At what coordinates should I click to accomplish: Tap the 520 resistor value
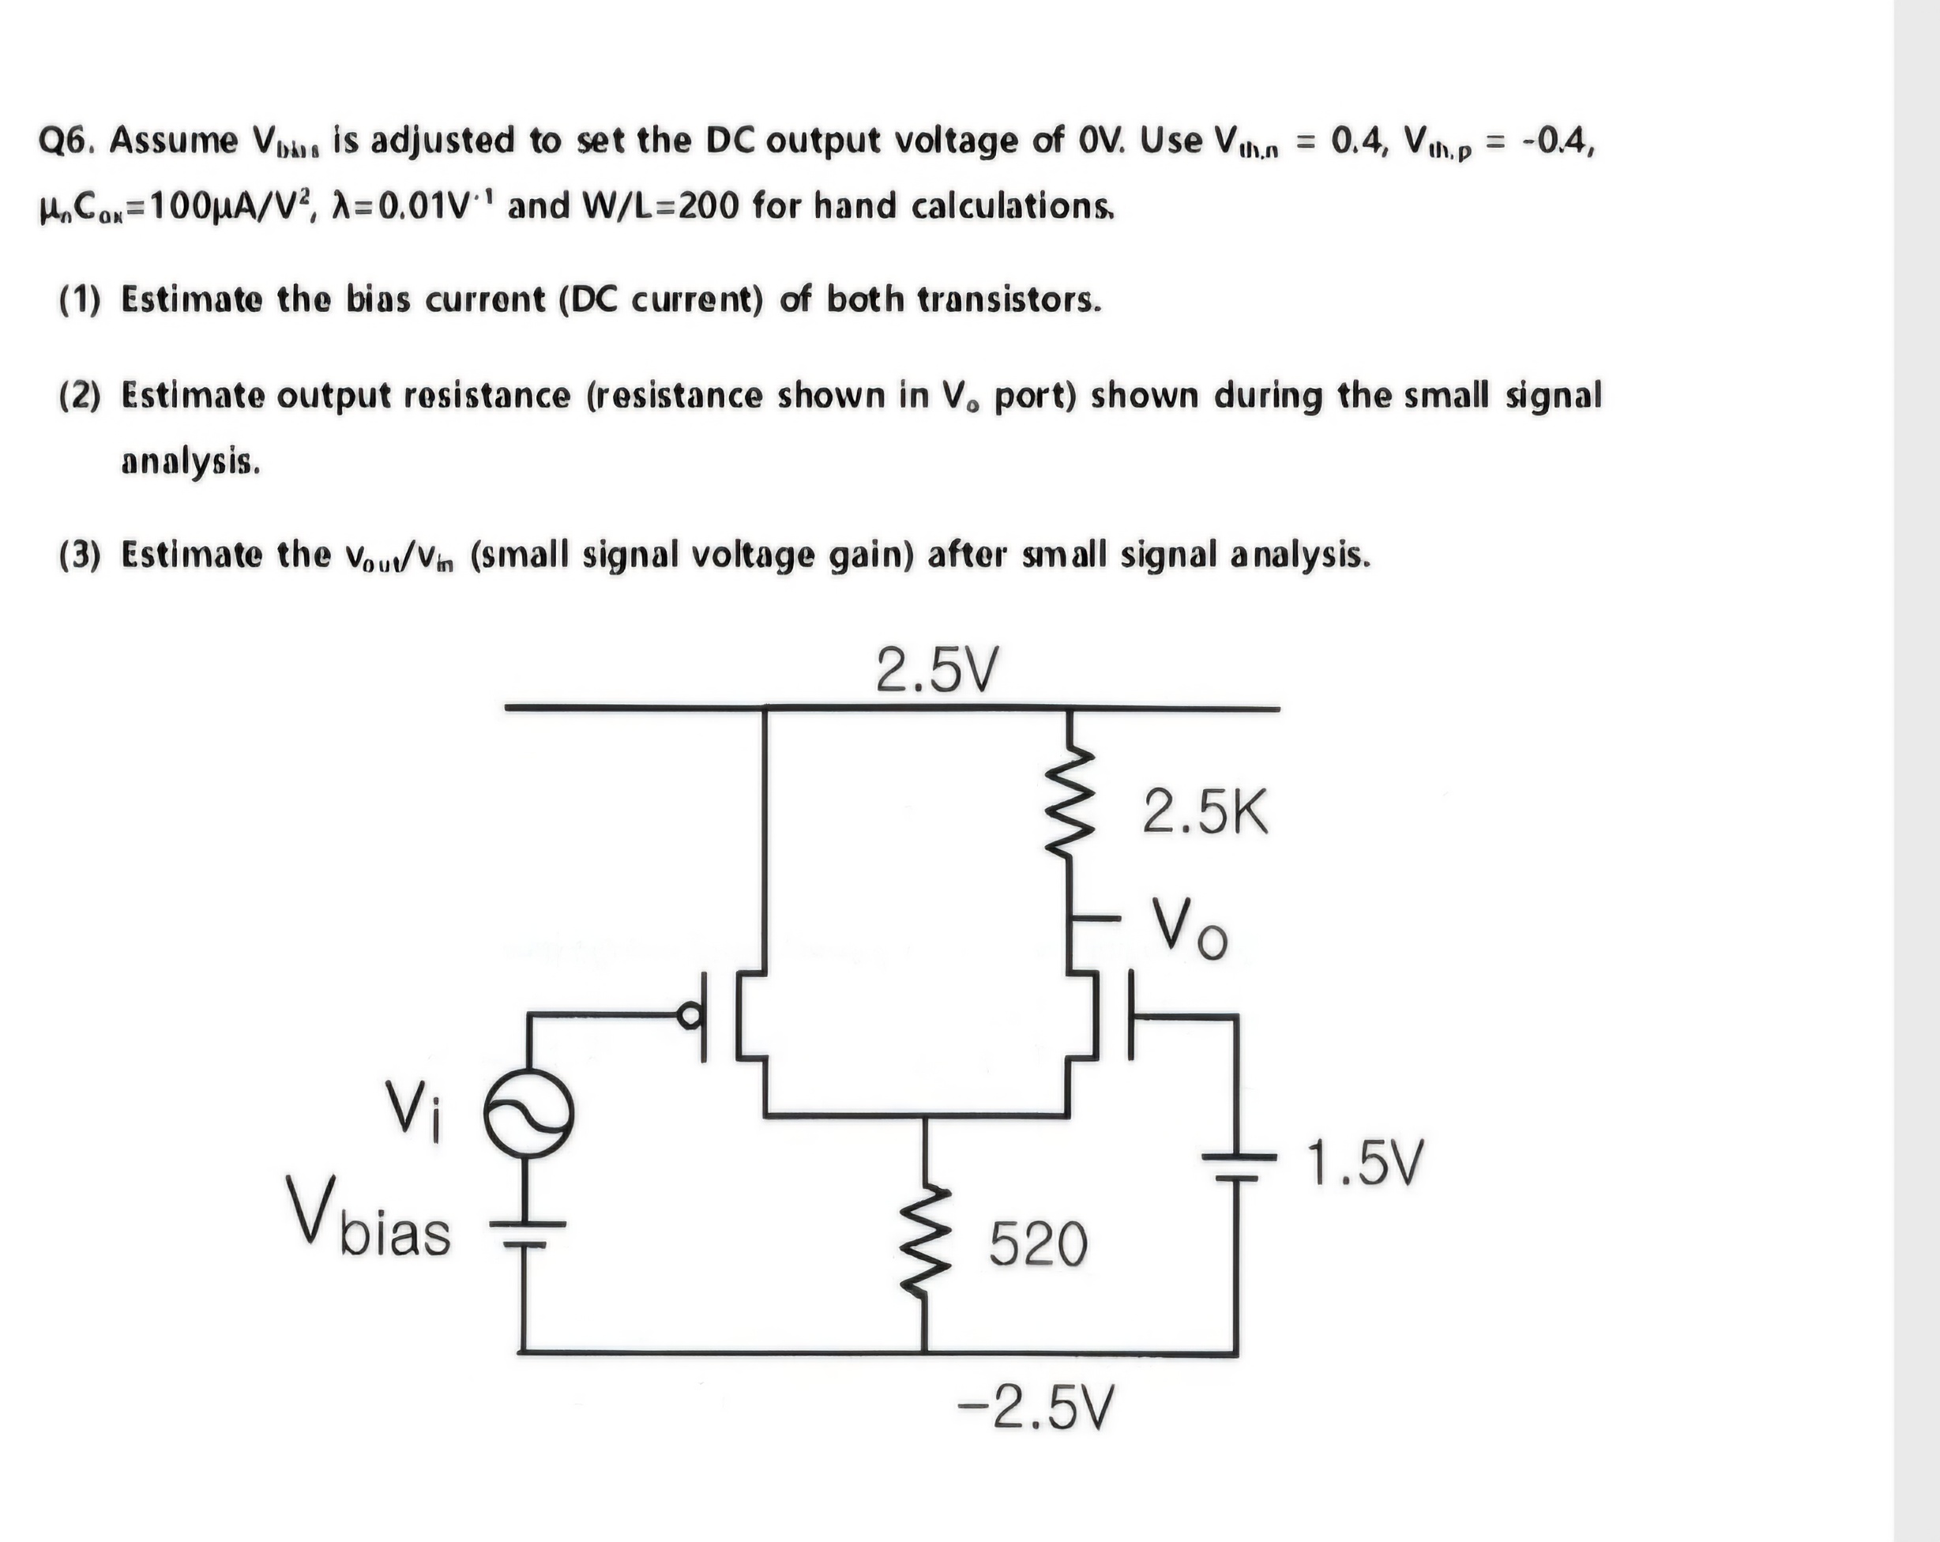click(x=1039, y=1245)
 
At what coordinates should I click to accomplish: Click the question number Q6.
click(x=66, y=141)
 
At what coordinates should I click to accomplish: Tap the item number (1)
click(x=80, y=299)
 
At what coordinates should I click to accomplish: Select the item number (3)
click(x=80, y=555)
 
